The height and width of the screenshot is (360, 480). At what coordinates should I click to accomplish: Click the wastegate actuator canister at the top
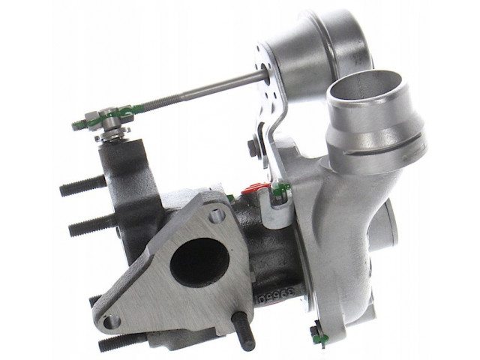[315, 41]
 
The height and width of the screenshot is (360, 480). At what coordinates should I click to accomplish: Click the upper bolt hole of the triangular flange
[217, 215]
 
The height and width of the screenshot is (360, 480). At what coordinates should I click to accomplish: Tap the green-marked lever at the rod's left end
[105, 117]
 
